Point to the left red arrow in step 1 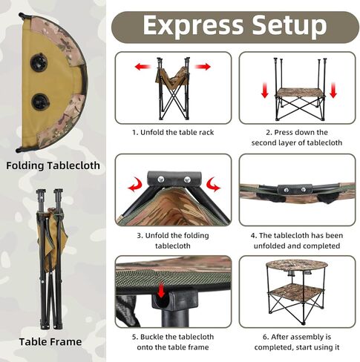click(142, 67)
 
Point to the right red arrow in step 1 click(203, 67)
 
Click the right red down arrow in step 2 click(333, 90)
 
